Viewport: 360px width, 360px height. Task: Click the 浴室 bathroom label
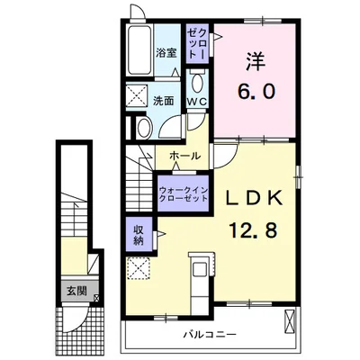pyautogui.click(x=166, y=53)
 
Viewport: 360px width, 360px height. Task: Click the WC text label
pyautogui.click(x=197, y=102)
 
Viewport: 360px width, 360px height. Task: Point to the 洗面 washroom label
pyautogui.click(x=164, y=101)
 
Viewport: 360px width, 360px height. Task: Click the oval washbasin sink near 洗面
pyautogui.click(x=144, y=128)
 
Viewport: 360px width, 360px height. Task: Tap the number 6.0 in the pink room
pyautogui.click(x=256, y=91)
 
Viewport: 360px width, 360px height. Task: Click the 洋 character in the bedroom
pyautogui.click(x=256, y=62)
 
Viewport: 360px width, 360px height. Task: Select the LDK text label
pyautogui.click(x=254, y=198)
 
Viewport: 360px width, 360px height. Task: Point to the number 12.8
pyautogui.click(x=253, y=229)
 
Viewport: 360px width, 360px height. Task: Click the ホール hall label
pyautogui.click(x=184, y=156)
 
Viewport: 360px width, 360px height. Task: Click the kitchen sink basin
pyautogui.click(x=200, y=270)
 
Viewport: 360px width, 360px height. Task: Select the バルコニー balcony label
pyautogui.click(x=210, y=334)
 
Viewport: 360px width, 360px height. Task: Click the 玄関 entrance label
pyautogui.click(x=76, y=291)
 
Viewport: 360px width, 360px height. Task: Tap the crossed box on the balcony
pyautogui.click(x=290, y=321)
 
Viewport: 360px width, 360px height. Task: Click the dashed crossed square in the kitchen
pyautogui.click(x=139, y=269)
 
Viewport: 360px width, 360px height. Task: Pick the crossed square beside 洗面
pyautogui.click(x=137, y=96)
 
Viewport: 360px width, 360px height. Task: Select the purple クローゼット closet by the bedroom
pyautogui.click(x=197, y=44)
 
